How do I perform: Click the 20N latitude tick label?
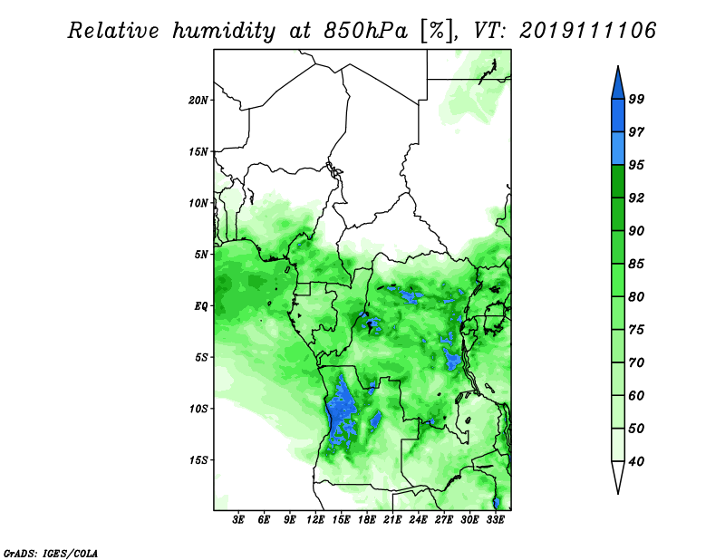[198, 101]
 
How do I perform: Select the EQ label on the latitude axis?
[201, 306]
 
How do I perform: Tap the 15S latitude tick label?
[198, 460]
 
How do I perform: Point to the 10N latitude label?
[198, 203]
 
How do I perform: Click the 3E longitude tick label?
[238, 520]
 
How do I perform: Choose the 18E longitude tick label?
[367, 520]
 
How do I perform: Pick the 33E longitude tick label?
[495, 520]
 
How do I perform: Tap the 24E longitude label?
[418, 520]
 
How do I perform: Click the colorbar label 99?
[636, 99]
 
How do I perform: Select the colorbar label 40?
[636, 461]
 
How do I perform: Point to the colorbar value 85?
[636, 264]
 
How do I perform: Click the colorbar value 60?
[636, 395]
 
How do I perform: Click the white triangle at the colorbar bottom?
[618, 475]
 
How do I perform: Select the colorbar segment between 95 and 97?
[618, 149]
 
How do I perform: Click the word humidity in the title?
[224, 31]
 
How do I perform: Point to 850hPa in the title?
[366, 31]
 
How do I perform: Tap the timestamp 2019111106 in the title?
[587, 31]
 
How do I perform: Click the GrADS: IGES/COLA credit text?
[51, 553]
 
